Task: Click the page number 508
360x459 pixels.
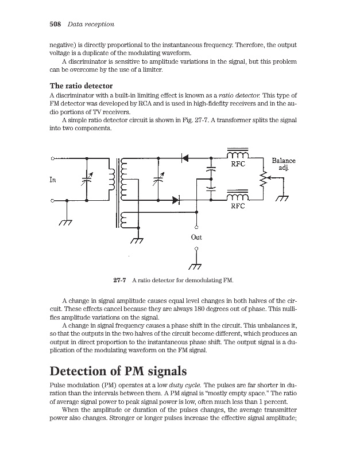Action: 55,24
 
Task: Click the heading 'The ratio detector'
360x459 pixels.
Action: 84,85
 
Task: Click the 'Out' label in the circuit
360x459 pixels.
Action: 196,236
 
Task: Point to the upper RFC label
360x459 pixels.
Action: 238,164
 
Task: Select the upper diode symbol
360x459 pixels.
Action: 184,157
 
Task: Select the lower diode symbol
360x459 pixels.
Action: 177,200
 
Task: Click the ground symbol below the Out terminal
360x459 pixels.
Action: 196,264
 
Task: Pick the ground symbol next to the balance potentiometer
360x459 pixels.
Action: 282,199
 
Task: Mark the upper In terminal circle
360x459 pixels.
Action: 53,157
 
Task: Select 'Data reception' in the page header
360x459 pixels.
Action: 91,24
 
